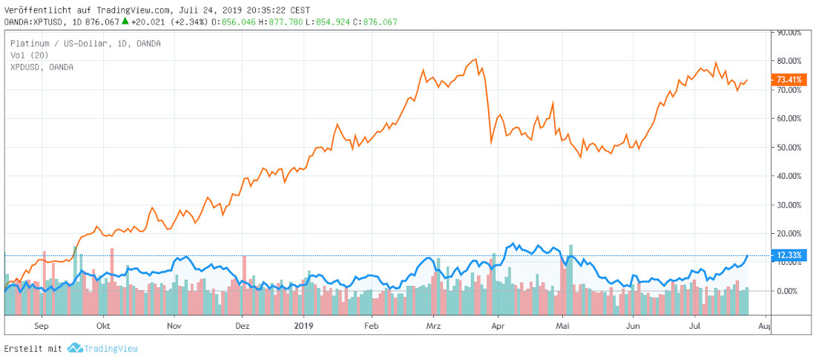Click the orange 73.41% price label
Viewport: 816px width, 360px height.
pyautogui.click(x=789, y=79)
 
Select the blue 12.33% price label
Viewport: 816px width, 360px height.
pyautogui.click(x=789, y=255)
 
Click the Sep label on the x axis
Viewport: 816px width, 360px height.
pyautogui.click(x=41, y=325)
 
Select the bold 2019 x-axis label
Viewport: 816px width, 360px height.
pyautogui.click(x=304, y=325)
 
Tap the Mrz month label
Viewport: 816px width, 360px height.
pyautogui.click(x=435, y=325)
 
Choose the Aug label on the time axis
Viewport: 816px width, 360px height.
pyautogui.click(x=766, y=325)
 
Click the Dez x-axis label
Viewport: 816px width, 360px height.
pyautogui.click(x=243, y=325)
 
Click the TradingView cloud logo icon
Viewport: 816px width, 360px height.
pyautogui.click(x=74, y=348)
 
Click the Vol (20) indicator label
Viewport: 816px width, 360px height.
pyautogui.click(x=30, y=55)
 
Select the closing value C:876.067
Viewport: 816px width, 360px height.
pyautogui.click(x=375, y=22)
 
